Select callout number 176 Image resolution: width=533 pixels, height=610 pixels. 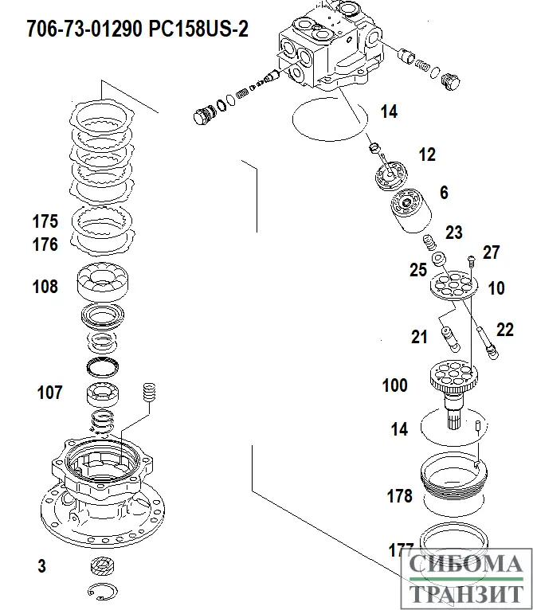(x=45, y=244)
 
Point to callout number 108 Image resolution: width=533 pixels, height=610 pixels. (x=45, y=287)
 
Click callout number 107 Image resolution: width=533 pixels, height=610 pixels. (x=49, y=392)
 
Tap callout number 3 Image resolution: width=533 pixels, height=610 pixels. (x=41, y=566)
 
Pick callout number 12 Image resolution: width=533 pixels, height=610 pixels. (x=427, y=154)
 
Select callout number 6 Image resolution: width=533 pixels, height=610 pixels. (x=444, y=193)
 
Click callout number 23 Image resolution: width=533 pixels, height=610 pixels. (x=453, y=233)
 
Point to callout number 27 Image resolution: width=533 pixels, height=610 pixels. (x=491, y=253)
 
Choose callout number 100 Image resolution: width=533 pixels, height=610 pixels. (x=394, y=386)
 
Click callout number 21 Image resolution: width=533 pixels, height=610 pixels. (x=420, y=337)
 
